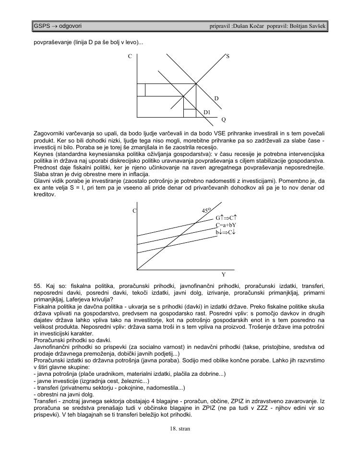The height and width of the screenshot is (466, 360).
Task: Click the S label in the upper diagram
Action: click(x=228, y=56)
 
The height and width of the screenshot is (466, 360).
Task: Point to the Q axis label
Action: click(x=223, y=119)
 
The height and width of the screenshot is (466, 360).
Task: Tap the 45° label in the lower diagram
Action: click(x=206, y=210)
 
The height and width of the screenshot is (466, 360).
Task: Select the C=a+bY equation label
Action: click(x=226, y=225)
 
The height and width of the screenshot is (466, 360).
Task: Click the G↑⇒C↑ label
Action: click(x=227, y=217)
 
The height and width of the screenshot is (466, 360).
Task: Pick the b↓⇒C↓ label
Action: click(x=225, y=232)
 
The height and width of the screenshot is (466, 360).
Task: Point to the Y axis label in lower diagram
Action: click(x=223, y=275)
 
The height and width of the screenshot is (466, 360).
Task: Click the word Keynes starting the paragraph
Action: click(x=44, y=154)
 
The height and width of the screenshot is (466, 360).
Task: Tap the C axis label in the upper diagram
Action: click(x=130, y=57)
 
